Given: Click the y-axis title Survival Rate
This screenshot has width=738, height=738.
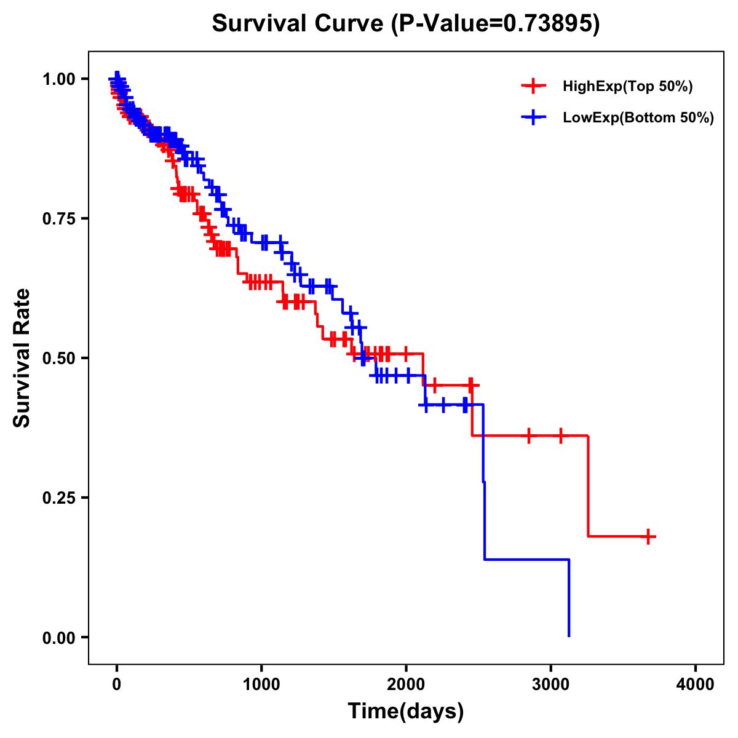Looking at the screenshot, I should point(22,358).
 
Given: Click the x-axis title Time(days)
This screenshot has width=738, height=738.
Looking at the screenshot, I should point(406,712).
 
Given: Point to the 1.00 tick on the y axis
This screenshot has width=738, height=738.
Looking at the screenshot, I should point(58,79).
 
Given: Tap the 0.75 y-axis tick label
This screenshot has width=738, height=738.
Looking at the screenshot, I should point(58,218).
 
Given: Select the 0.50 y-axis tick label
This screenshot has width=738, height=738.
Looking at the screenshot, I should point(58,358).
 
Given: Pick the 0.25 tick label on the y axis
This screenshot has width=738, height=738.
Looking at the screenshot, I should point(58,498).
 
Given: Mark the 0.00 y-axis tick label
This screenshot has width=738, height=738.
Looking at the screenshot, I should point(58,637).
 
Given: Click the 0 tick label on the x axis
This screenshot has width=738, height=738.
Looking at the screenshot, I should point(117,684).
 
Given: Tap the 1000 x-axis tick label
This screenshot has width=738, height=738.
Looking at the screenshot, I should point(261,684).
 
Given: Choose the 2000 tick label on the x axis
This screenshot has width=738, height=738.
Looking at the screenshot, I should point(406,684).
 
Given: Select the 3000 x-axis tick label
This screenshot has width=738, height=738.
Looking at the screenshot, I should point(551,684).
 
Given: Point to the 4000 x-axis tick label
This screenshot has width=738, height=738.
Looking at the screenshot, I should point(696,684).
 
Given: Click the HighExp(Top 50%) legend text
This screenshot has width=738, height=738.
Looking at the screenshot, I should point(628,87).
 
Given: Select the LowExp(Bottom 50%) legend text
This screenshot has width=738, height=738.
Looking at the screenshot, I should point(638,118).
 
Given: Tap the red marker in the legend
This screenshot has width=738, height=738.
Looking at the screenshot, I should point(533,87).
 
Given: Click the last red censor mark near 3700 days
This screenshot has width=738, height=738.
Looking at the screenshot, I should point(648,536).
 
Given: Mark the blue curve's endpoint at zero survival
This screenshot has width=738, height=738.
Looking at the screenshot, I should point(569,636).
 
